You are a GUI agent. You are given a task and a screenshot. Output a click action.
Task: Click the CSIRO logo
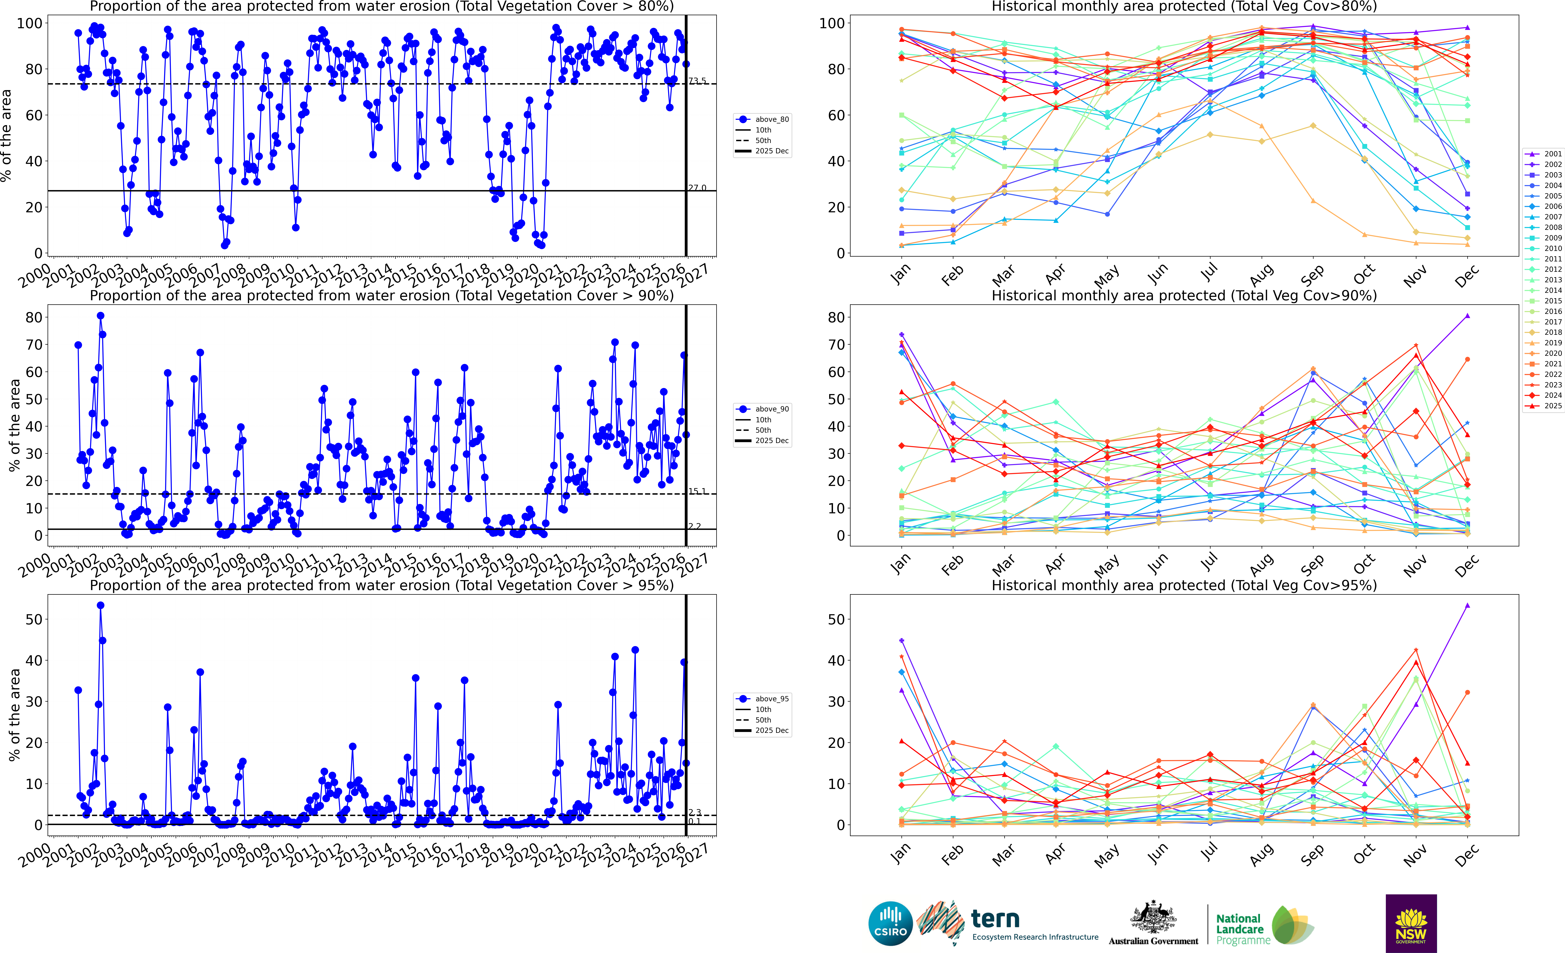(x=890, y=923)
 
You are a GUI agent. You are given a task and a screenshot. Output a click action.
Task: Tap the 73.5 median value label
(x=697, y=81)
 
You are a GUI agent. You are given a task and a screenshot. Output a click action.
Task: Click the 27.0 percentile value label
(x=697, y=187)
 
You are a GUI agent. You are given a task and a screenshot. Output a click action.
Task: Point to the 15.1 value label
(x=697, y=491)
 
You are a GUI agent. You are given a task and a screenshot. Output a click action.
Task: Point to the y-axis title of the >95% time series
(x=14, y=715)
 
